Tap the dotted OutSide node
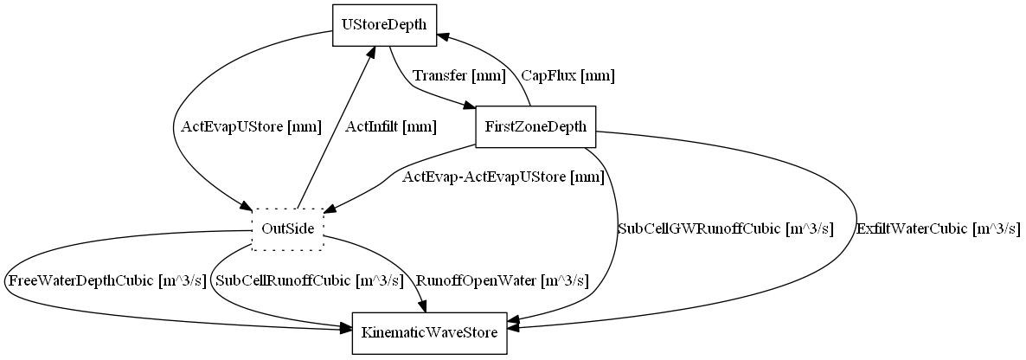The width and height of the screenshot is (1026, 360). (x=287, y=229)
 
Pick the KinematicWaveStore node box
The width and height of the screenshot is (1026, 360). (x=429, y=333)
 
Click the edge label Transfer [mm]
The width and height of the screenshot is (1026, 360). (x=458, y=76)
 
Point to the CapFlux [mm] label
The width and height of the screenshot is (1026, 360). (x=568, y=76)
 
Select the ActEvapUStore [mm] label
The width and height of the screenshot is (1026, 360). (x=251, y=127)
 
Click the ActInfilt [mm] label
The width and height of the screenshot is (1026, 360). (x=390, y=127)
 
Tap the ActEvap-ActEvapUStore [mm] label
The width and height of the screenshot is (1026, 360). (x=503, y=178)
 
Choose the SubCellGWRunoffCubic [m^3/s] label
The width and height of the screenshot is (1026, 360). (x=725, y=229)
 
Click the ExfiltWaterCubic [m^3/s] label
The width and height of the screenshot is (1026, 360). (x=938, y=229)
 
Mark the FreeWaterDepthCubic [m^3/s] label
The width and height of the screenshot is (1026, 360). (x=106, y=280)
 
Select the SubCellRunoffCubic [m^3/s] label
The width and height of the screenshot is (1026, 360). (x=310, y=280)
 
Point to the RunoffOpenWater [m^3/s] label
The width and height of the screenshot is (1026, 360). (x=503, y=280)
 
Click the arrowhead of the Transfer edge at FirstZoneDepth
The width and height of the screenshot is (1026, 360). (x=470, y=106)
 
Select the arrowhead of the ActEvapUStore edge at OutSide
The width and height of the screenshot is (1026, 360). (x=247, y=206)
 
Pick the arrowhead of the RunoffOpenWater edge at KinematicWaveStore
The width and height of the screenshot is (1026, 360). (x=425, y=306)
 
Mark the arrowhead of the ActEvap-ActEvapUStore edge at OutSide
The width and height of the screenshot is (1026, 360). (x=330, y=208)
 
